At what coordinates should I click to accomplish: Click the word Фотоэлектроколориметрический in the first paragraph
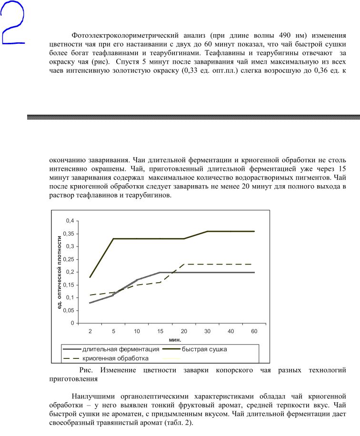coord(124,36)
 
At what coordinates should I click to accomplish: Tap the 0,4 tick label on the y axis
coord(70,221)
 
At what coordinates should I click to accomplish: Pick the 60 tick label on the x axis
coord(254,331)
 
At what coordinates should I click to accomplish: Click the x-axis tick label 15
coord(160,331)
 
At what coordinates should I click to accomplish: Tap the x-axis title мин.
coord(174,340)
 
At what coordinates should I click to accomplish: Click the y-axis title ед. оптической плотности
coord(60,271)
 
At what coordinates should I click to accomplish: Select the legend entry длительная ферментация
coord(120,349)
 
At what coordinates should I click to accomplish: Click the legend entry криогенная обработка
coord(116,358)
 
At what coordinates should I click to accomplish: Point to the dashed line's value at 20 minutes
coord(184,264)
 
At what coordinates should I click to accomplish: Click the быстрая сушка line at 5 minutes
coord(113,238)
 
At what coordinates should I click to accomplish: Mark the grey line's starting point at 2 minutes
coord(90,303)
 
